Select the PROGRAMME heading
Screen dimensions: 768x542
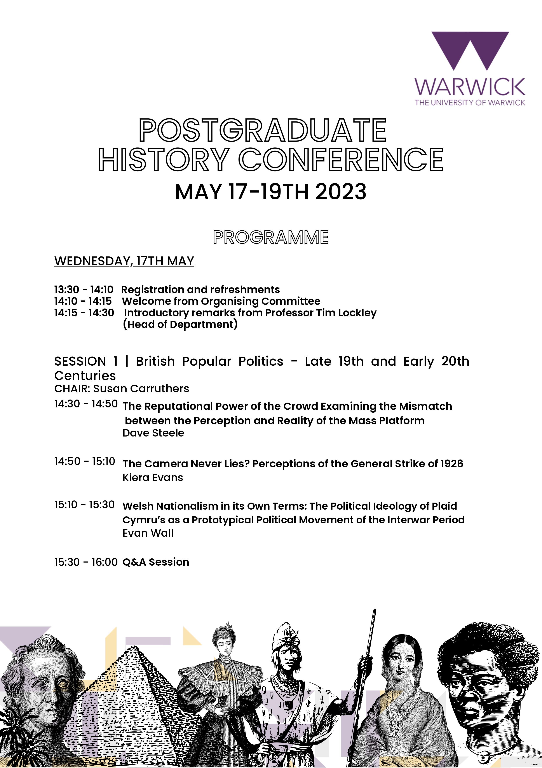tap(271, 237)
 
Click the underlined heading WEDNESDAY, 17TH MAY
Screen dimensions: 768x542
tap(124, 261)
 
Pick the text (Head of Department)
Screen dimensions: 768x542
tap(180, 324)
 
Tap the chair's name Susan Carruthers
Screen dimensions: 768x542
tap(141, 389)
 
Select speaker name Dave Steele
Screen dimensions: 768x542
tap(153, 433)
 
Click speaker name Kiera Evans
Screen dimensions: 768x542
tap(153, 477)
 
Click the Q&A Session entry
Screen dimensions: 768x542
tap(156, 562)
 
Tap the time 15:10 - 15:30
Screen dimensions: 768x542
tap(85, 505)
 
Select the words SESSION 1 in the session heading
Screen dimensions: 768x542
tap(86, 361)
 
